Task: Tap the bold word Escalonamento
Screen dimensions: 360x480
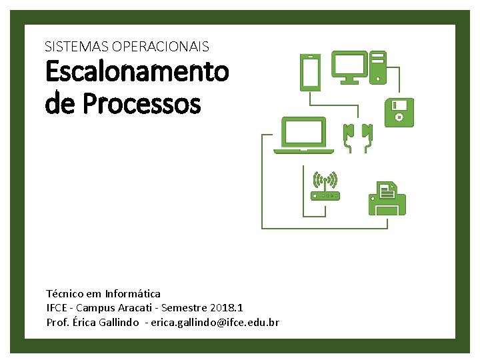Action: pyautogui.click(x=137, y=72)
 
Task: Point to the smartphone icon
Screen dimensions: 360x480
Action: pyautogui.click(x=311, y=72)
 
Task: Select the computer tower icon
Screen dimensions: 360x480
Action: pyautogui.click(x=379, y=67)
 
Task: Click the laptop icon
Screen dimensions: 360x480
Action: pyautogui.click(x=304, y=135)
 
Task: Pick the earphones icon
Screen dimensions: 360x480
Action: pyautogui.click(x=357, y=137)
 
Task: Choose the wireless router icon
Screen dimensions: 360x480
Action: pyautogui.click(x=325, y=186)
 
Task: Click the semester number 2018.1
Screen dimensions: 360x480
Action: pyautogui.click(x=227, y=308)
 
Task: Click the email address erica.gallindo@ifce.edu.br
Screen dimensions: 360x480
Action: pyautogui.click(x=215, y=323)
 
